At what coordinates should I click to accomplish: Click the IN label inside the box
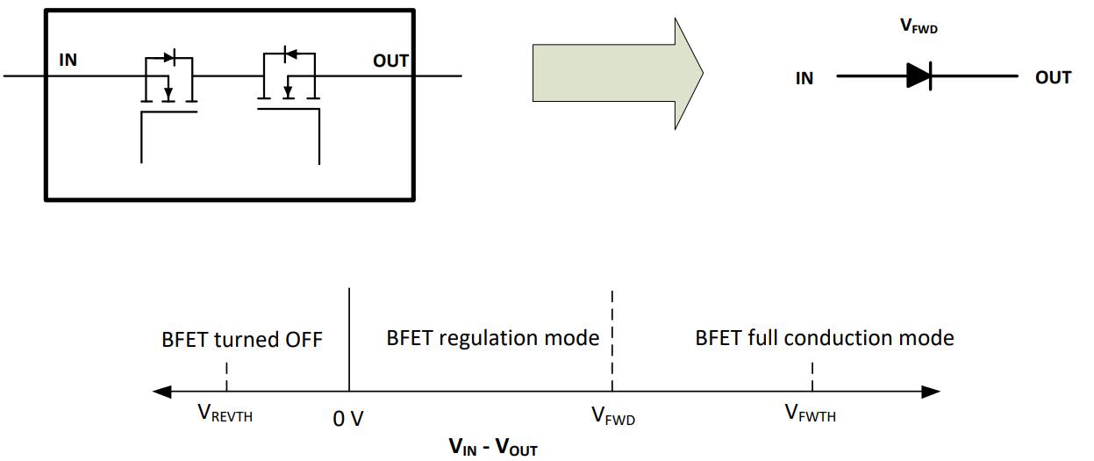(68, 61)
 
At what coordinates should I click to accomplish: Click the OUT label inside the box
(391, 61)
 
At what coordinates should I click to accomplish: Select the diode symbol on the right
(919, 77)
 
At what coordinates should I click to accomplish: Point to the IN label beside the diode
(804, 78)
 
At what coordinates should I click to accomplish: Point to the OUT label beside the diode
(1053, 78)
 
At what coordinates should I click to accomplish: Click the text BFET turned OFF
(242, 339)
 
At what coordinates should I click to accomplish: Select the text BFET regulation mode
(493, 338)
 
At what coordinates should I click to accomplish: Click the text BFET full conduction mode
(825, 338)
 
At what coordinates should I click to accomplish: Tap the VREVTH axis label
(225, 414)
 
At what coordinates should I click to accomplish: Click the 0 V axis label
(348, 419)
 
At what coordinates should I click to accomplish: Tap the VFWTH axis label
(811, 414)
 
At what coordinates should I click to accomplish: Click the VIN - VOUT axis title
(493, 448)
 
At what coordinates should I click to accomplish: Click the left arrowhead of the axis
(161, 391)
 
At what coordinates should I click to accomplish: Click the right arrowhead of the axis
(932, 391)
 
